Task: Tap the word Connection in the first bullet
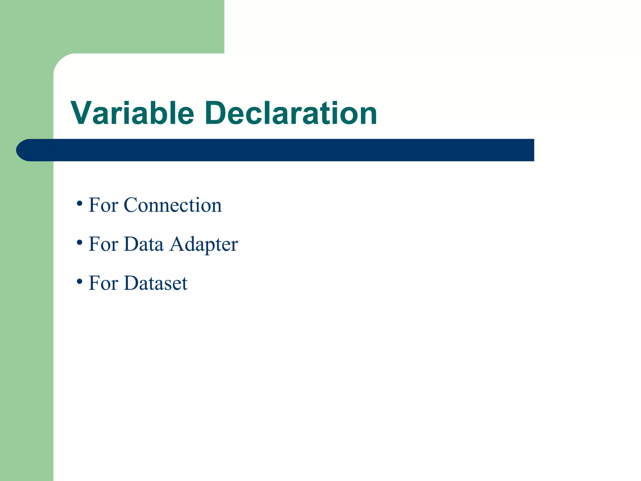pos(172,205)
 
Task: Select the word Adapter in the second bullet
pos(204,244)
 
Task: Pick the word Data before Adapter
pos(144,244)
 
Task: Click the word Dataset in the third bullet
pos(156,283)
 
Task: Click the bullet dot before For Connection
pos(79,204)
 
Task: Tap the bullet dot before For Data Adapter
pos(79,243)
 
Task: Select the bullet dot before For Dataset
pos(79,282)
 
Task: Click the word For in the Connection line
pos(103,205)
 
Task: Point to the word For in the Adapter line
pos(103,244)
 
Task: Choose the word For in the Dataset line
pos(103,283)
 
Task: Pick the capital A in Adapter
pos(177,244)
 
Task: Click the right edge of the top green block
pos(224,27)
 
